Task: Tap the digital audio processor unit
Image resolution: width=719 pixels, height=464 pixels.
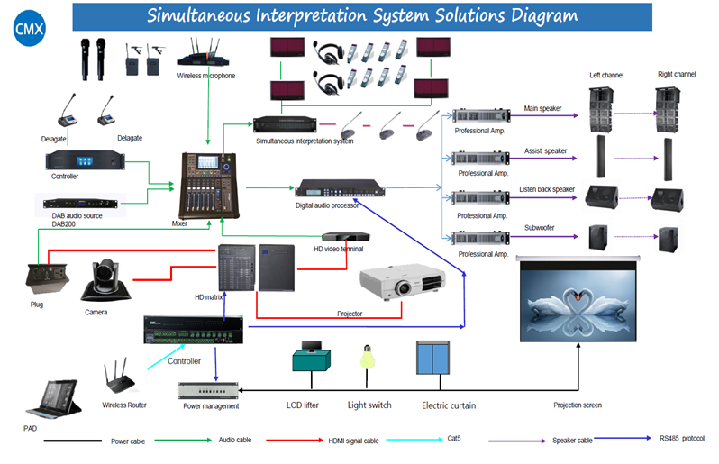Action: [340, 188]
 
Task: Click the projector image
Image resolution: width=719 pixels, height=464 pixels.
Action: [400, 283]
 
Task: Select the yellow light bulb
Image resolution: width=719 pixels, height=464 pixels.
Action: [367, 358]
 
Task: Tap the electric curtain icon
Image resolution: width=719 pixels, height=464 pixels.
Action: [434, 358]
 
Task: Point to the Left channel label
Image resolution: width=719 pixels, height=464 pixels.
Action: [605, 75]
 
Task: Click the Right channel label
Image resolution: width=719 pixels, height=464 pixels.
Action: [677, 74]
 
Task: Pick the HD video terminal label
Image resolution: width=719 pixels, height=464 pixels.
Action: [338, 248]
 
